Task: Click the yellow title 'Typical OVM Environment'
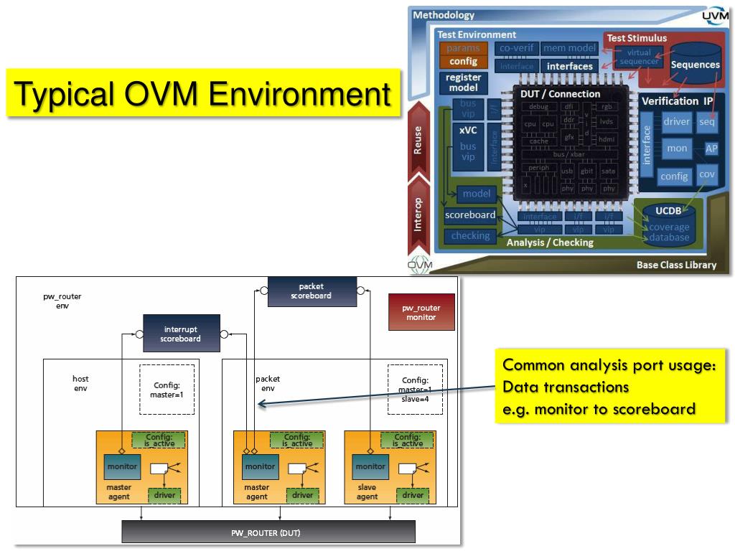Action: pyautogui.click(x=202, y=93)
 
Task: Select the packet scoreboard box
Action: pyautogui.click(x=311, y=291)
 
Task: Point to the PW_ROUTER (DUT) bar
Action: pyautogui.click(x=268, y=532)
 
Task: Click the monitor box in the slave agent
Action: pyautogui.click(x=370, y=466)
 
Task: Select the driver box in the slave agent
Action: pyautogui.click(x=412, y=495)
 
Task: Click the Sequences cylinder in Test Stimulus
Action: pyautogui.click(x=695, y=65)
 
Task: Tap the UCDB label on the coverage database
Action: pyautogui.click(x=668, y=211)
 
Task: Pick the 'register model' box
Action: pyautogui.click(x=464, y=83)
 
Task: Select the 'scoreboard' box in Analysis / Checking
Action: pyautogui.click(x=470, y=215)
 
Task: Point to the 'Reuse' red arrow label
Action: pyautogui.click(x=418, y=141)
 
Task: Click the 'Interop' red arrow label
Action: pyautogui.click(x=418, y=214)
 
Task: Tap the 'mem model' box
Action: pyautogui.click(x=569, y=48)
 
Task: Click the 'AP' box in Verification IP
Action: pyautogui.click(x=711, y=149)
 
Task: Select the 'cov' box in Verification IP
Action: pyautogui.click(x=707, y=174)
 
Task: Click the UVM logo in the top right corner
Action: pyautogui.click(x=714, y=16)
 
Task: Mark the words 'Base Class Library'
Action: pyautogui.click(x=676, y=265)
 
